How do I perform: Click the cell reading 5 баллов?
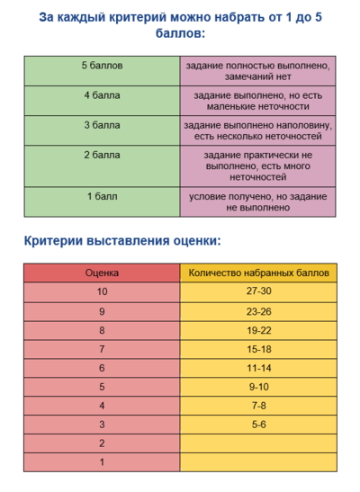click(102, 67)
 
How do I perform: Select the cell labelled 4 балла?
click(102, 94)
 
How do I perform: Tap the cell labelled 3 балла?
click(102, 125)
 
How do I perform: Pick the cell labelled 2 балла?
click(102, 156)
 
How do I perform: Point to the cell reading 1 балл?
click(102, 196)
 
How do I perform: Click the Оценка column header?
click(102, 272)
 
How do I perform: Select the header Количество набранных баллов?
click(258, 272)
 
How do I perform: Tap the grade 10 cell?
click(102, 291)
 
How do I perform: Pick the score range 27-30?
click(258, 291)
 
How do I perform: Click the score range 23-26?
click(258, 310)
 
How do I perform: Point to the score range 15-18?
click(258, 348)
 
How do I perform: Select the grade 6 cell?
click(102, 368)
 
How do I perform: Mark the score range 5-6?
click(258, 424)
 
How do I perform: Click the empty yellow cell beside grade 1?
click(258, 461)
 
